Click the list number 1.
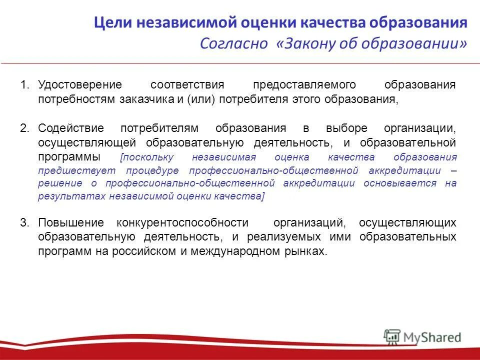coord(25,84)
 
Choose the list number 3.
coord(25,222)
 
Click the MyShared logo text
coord(433,337)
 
